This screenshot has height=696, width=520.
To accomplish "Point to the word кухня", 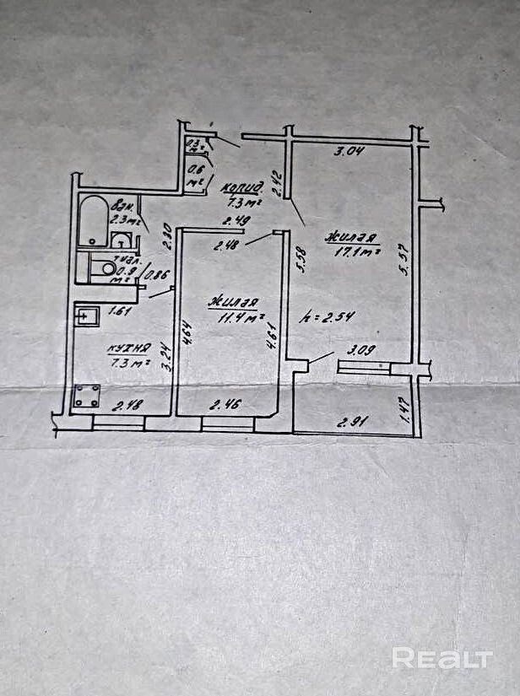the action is click(128, 348).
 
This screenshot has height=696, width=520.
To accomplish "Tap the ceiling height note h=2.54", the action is click(328, 317).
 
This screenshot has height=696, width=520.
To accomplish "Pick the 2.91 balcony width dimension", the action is click(354, 422).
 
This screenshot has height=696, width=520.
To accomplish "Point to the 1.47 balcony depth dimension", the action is click(405, 411).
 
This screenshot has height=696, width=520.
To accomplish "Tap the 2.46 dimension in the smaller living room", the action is click(224, 406).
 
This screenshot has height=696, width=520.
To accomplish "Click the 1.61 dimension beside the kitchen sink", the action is click(119, 310).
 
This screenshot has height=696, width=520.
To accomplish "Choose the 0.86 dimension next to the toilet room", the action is click(158, 273).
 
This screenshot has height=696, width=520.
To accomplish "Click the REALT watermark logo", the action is click(441, 658).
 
